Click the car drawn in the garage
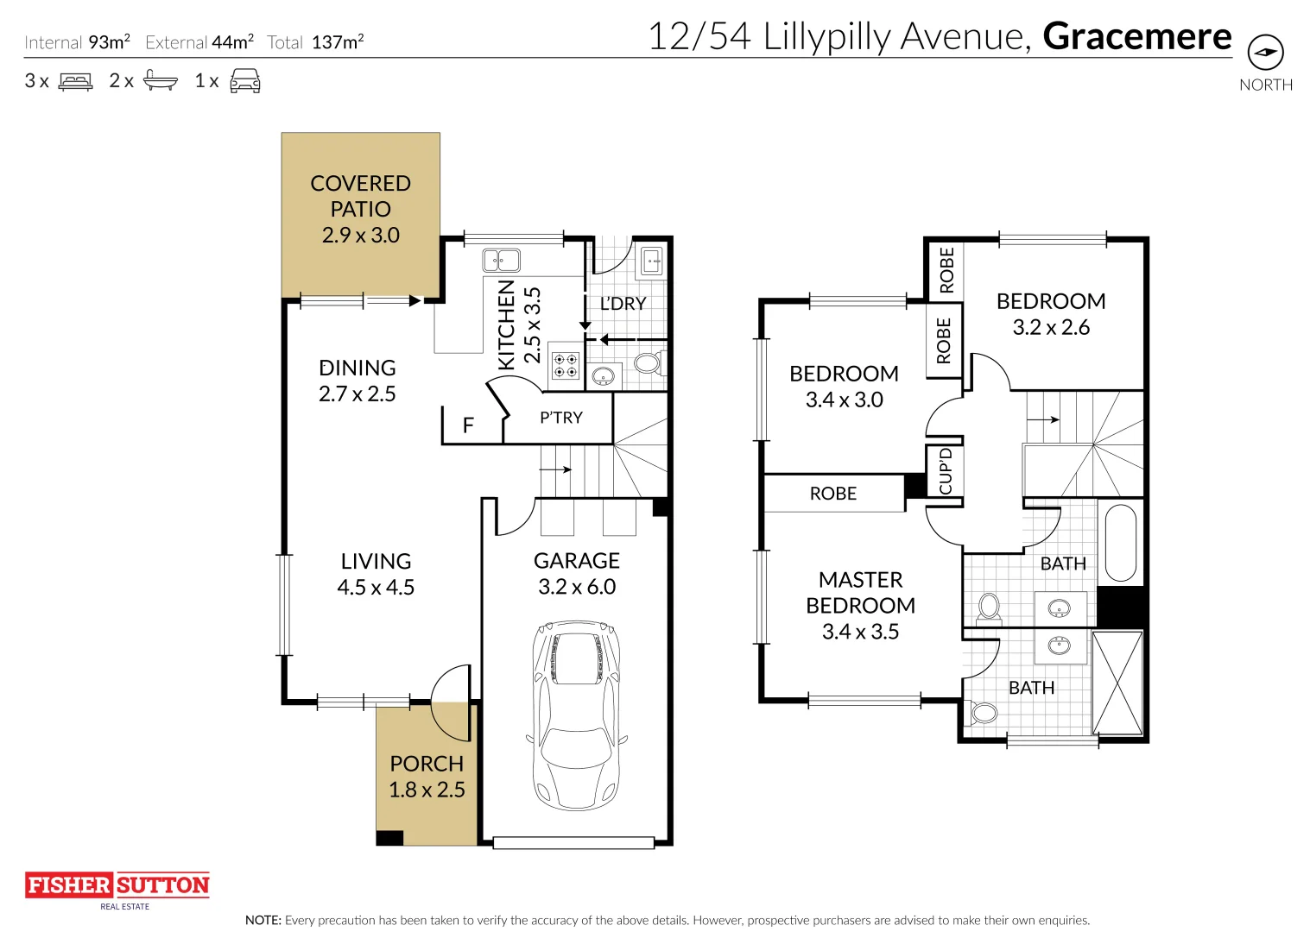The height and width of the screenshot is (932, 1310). point(577,715)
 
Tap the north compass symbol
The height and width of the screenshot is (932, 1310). point(1266,53)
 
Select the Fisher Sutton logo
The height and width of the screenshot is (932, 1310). point(117,891)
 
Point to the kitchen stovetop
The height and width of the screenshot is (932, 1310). point(566,365)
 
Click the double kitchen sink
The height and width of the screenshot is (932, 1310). point(501,260)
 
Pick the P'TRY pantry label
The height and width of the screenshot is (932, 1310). point(560,417)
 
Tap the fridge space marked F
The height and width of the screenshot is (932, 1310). point(468,425)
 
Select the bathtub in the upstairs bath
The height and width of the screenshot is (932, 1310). point(1121,543)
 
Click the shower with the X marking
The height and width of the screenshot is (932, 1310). point(1117,683)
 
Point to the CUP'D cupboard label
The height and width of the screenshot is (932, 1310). point(945,471)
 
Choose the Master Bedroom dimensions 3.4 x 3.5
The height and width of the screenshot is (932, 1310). point(860,631)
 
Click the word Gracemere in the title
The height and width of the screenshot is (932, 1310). point(1137,36)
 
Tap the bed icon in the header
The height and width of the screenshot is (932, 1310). point(75,81)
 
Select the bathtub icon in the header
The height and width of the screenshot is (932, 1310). point(161,80)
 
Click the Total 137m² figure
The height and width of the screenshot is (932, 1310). point(315,41)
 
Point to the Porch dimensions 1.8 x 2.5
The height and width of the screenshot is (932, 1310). point(427,790)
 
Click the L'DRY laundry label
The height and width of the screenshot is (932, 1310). point(623,303)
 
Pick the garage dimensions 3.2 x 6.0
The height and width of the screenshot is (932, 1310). point(577,586)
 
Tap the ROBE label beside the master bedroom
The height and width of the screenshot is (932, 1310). point(832,493)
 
